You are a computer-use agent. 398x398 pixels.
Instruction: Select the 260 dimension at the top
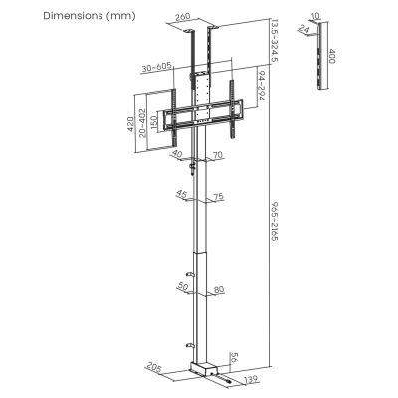[209, 16]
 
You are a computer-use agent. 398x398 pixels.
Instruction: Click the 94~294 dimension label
[260, 92]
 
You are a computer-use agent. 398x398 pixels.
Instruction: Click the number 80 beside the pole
[217, 290]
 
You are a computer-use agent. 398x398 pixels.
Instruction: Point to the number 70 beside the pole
[217, 156]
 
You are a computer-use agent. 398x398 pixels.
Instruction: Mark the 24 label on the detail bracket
[305, 31]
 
